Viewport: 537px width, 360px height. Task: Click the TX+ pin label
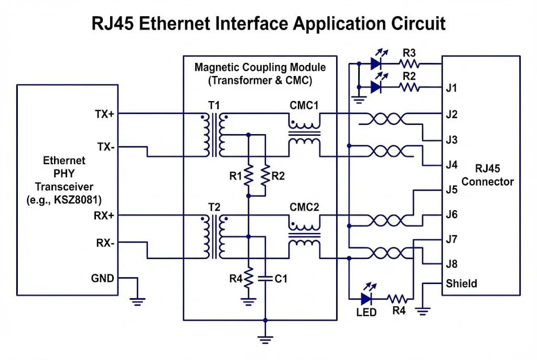click(104, 114)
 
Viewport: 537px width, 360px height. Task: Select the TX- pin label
click(104, 147)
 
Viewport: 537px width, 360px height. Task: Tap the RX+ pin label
click(104, 215)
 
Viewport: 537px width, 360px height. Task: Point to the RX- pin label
click(104, 243)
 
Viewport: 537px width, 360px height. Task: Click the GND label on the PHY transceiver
click(103, 278)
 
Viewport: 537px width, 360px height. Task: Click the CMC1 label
click(304, 105)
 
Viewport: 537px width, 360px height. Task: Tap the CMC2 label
click(304, 206)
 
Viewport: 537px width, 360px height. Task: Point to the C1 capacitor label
click(282, 279)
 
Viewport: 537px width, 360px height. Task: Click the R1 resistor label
click(235, 176)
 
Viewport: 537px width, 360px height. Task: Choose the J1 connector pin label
click(452, 88)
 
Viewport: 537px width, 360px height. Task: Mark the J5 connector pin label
click(452, 189)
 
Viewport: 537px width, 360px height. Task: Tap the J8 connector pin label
click(452, 264)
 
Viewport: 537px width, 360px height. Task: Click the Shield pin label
click(461, 283)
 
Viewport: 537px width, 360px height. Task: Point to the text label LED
click(366, 312)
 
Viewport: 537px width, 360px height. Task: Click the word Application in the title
click(335, 24)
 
